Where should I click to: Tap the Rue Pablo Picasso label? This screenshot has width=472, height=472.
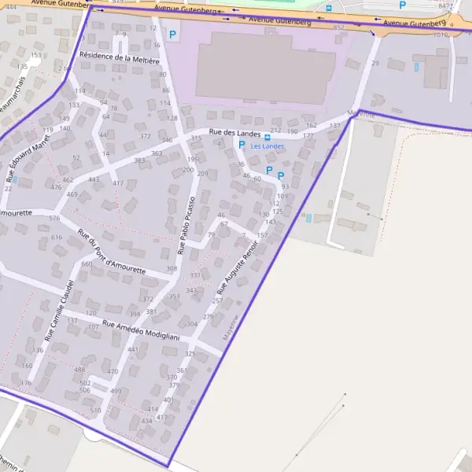tap(186, 226)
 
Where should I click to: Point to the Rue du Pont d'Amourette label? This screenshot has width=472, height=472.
tap(111, 252)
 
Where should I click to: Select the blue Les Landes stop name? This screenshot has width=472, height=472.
tap(267, 146)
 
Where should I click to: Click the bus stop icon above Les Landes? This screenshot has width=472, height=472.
tap(267, 137)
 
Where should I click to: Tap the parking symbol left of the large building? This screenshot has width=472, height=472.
tap(172, 35)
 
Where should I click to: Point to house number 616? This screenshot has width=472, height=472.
tap(56, 237)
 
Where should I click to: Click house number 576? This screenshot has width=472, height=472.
tap(53, 218)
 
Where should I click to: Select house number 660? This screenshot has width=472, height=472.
tap(87, 264)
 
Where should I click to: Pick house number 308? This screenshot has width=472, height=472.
tap(171, 269)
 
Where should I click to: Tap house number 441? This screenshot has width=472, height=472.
tap(133, 349)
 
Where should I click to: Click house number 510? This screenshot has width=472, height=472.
tap(96, 411)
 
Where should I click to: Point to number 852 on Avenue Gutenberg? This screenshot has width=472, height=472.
tap(339, 28)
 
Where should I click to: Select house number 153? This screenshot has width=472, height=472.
tap(35, 55)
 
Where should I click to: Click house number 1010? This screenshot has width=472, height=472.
tap(441, 35)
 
